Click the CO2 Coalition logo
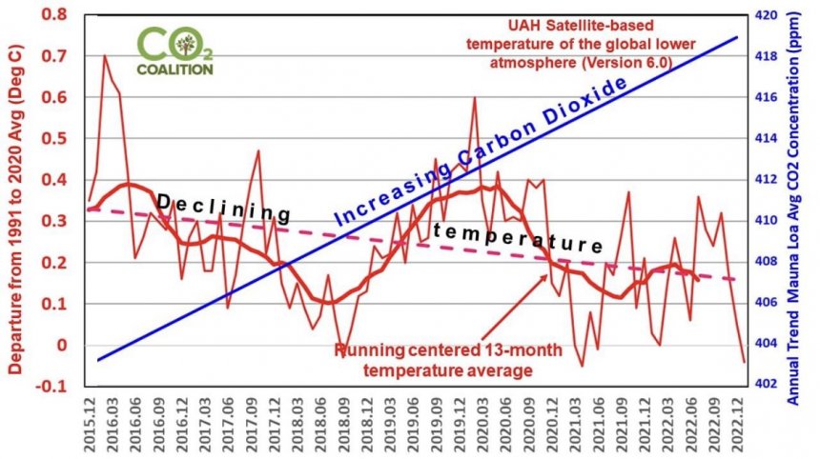click(174, 50)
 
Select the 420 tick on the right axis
click(765, 15)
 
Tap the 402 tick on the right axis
click(765, 385)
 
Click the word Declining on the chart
click(223, 208)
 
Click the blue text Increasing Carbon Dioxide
click(482, 152)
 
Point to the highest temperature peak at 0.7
click(105, 56)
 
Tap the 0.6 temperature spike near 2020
click(474, 97)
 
